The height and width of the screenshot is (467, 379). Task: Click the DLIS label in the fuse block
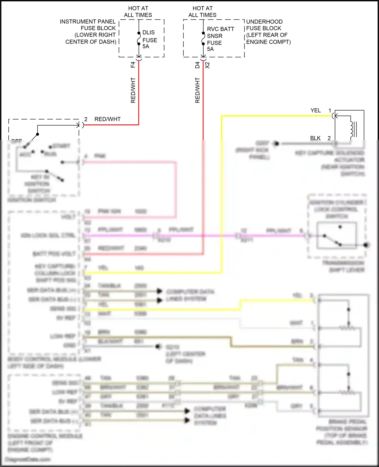click(149, 33)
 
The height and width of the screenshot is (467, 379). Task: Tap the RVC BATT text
click(221, 29)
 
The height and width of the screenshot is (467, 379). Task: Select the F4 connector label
click(133, 65)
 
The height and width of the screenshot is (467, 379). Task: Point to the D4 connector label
click(197, 65)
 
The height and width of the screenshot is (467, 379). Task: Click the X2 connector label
click(207, 65)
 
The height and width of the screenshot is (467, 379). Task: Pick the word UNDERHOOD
click(264, 22)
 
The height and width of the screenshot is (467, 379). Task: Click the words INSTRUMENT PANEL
click(88, 22)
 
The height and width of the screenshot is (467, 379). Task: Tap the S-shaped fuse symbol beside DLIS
click(139, 38)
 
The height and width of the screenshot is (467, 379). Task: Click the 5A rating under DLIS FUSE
click(146, 47)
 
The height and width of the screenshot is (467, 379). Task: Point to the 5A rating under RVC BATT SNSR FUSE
click(210, 49)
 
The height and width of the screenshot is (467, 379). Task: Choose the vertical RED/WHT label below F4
click(133, 90)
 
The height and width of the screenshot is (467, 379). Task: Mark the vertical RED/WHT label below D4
click(198, 90)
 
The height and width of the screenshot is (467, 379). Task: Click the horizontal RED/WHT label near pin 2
click(107, 119)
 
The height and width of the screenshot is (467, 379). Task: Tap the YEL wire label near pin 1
click(316, 111)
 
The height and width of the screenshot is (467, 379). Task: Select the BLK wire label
click(315, 138)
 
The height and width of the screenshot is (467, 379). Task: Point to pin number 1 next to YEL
click(330, 111)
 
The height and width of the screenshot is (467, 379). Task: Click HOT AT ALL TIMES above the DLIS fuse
click(138, 12)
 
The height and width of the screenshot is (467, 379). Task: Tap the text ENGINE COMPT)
click(268, 42)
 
